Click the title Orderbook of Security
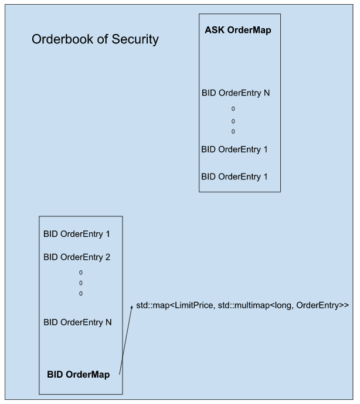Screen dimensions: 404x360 [95, 40]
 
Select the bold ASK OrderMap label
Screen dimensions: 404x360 [239, 30]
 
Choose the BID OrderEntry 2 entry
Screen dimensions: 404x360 [77, 257]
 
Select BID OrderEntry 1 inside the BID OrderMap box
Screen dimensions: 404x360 [77, 233]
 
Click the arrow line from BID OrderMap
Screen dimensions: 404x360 [125, 340]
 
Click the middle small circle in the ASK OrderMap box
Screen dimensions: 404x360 [233, 121]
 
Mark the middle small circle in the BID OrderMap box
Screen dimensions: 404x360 [80, 283]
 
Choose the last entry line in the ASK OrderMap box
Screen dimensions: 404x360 [235, 176]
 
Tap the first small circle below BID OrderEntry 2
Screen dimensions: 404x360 [80, 273]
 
